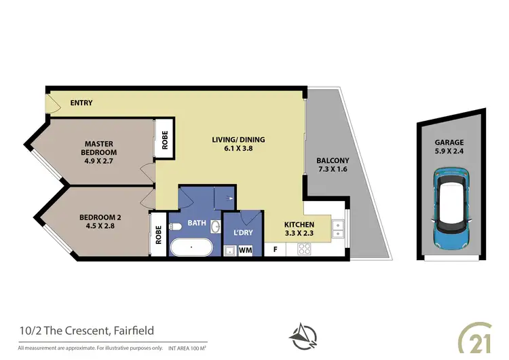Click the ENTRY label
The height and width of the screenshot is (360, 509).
click(81, 103)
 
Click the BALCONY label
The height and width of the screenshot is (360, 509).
click(333, 161)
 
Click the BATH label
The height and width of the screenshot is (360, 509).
click(197, 222)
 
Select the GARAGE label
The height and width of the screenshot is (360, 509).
click(449, 143)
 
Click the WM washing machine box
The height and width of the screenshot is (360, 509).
click(245, 250)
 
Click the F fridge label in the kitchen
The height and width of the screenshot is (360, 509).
click(275, 249)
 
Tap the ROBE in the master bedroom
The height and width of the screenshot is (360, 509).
click(164, 138)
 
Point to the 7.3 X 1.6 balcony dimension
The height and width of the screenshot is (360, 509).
click(333, 170)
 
